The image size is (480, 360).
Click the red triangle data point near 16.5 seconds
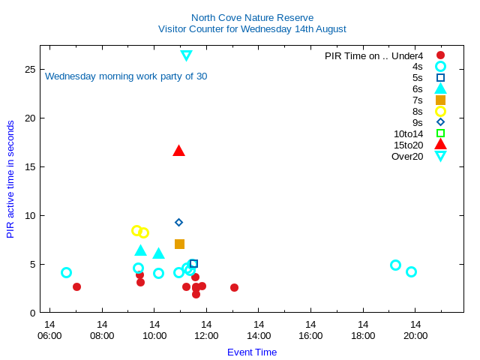[x=178, y=151]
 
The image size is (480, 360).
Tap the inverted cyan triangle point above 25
[x=186, y=55]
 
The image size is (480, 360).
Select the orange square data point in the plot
[x=179, y=244]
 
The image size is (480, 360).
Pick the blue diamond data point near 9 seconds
[x=178, y=222]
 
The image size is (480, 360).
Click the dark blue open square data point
[x=193, y=263]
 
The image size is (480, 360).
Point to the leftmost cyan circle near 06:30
[x=66, y=273]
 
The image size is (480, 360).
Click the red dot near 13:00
[x=234, y=287]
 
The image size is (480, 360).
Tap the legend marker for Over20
[x=440, y=156]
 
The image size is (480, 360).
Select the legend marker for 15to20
[x=440, y=145]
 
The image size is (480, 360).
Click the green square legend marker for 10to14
[x=440, y=133]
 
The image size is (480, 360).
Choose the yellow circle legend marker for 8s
[x=440, y=111]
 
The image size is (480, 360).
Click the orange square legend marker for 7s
[x=440, y=100]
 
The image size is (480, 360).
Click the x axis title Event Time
[x=252, y=352]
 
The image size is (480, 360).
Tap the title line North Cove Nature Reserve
[x=252, y=17]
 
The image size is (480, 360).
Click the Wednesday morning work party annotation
[x=126, y=76]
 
